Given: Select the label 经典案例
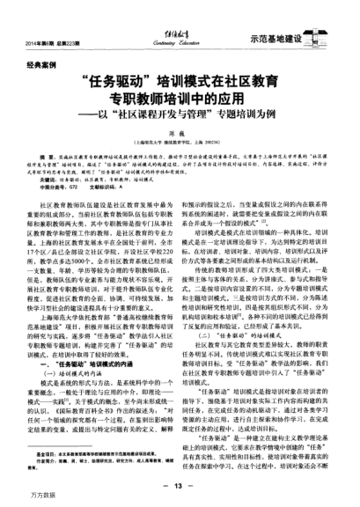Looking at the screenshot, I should pyautogui.click(x=40, y=67).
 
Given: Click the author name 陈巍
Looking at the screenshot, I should pyautogui.click(x=180, y=139).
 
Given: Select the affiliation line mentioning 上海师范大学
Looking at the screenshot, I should pyautogui.click(x=180, y=148).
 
